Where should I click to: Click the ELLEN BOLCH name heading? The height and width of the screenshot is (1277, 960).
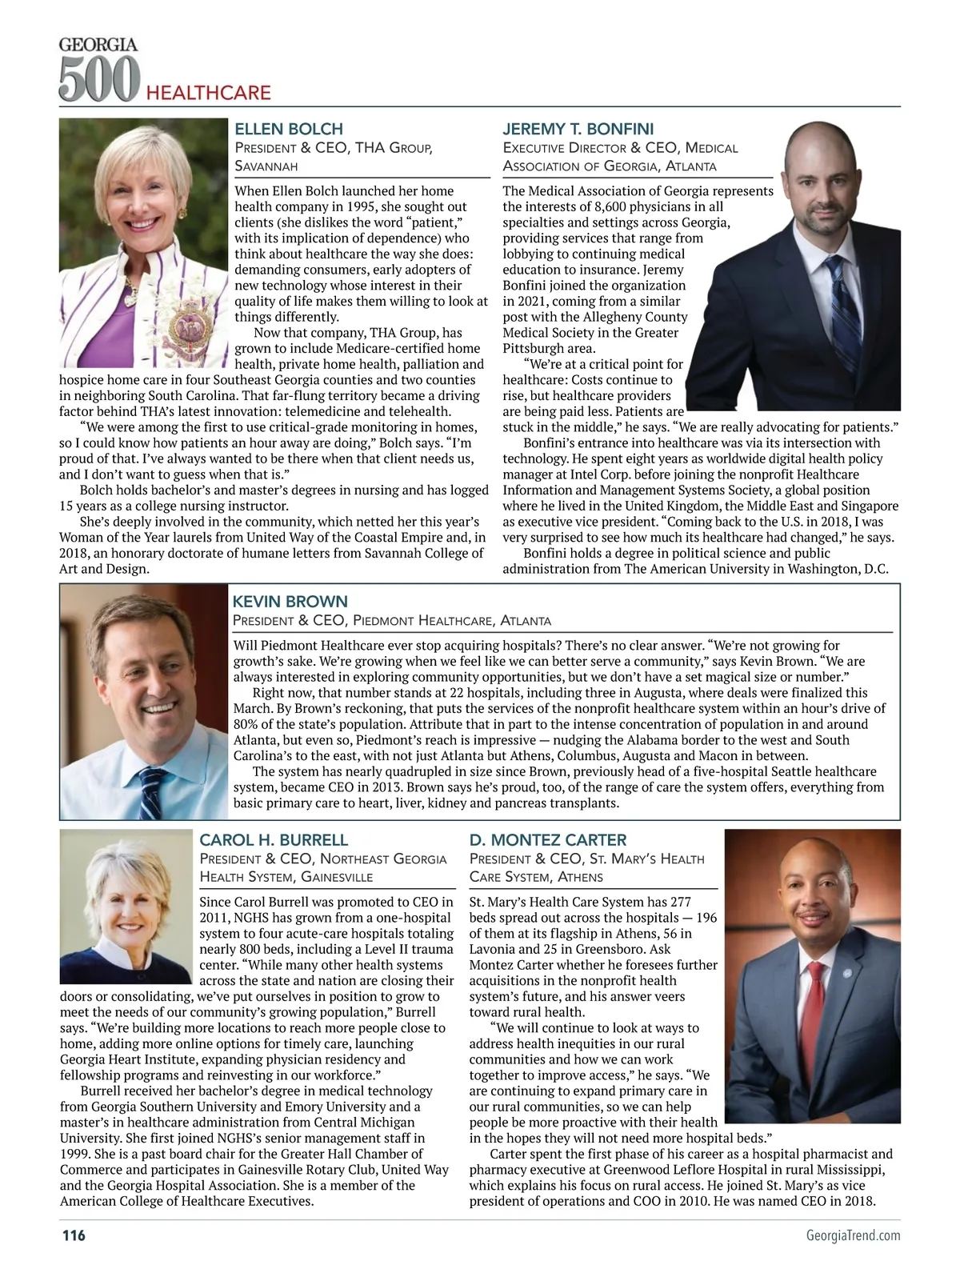coord(288,129)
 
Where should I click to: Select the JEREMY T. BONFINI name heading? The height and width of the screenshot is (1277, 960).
coord(578,129)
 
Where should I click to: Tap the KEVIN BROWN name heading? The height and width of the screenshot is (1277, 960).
coord(290,602)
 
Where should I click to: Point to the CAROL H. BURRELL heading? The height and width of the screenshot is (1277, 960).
coord(274,840)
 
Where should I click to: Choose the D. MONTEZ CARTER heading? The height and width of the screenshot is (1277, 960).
coord(548,840)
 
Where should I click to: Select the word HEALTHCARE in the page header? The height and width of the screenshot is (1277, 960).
coord(209,93)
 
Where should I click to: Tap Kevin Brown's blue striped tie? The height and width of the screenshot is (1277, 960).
coord(150,789)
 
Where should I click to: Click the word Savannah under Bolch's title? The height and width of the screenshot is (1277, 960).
coord(266,166)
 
